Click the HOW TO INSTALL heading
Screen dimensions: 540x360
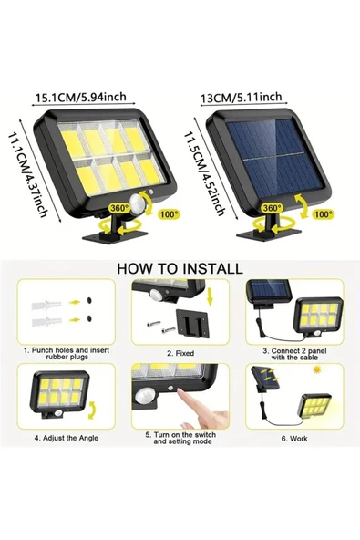coord(179,268)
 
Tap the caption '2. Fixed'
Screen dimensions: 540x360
coord(182,351)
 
